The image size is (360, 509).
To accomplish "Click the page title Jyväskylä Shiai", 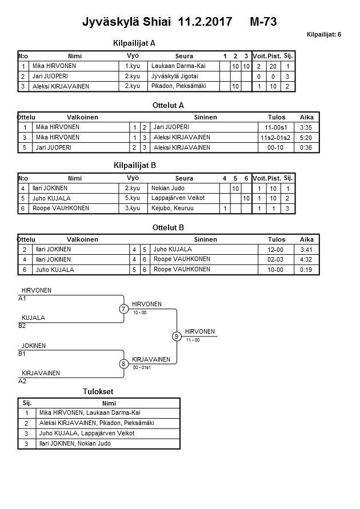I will pos(127,22).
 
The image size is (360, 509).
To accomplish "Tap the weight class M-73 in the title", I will pos(263,22).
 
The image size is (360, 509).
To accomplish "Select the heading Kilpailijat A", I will pos(134,43).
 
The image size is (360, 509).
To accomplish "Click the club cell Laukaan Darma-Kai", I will pos(178,66).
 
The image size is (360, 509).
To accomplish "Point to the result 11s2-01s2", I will pos(276,138).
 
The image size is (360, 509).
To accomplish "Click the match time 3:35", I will pos(306,127).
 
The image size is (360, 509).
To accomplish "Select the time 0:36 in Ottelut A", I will pos(306,148).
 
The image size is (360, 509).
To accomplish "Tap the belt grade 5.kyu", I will pos(132,198).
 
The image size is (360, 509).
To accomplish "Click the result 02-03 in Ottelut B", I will pos(276,259).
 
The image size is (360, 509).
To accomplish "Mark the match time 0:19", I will pos(306,270).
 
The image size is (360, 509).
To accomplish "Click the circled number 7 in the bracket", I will pos(123,309).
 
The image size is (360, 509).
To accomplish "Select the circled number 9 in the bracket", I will pos(177,336).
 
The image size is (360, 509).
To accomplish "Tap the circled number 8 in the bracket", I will pos(123,364).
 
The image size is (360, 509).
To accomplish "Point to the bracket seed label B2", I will pos(22,326).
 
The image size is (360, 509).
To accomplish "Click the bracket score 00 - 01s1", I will pos(141,368).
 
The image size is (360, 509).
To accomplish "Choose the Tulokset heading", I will pos(98,392).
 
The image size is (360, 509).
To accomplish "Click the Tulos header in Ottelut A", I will pos(276,117).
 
